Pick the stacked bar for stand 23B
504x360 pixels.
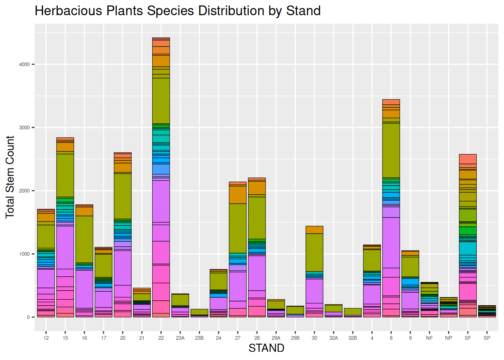(x=199, y=313)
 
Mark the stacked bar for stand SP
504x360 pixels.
(x=487, y=311)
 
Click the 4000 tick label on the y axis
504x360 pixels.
(x=24, y=64)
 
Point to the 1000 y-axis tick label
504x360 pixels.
(x=24, y=254)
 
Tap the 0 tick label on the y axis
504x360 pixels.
(x=28, y=317)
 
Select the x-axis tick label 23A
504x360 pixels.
(x=180, y=338)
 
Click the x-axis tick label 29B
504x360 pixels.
(x=295, y=338)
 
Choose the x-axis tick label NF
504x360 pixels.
(x=429, y=338)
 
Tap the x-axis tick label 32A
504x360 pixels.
(x=333, y=338)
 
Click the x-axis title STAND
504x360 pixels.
(x=266, y=348)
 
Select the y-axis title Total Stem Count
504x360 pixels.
(x=10, y=177)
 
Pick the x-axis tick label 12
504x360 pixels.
(x=46, y=338)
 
